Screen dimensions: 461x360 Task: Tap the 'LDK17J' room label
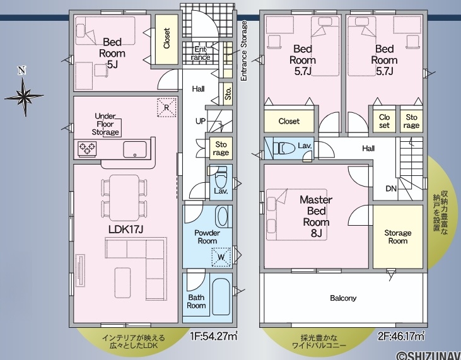point(125,229)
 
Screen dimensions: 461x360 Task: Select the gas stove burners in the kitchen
point(87,148)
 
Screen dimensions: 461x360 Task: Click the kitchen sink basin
point(135,149)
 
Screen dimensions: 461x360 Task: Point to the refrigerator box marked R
point(166,107)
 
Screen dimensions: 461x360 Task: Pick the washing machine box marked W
point(221,257)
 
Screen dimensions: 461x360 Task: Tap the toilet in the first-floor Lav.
point(221,177)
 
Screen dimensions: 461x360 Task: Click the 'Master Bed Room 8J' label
point(316,216)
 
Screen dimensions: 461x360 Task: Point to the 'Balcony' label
point(343,298)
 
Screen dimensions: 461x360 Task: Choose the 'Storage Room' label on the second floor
point(398,237)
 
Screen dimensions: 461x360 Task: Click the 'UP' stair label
point(201,121)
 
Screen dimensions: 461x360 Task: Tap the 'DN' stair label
point(391,189)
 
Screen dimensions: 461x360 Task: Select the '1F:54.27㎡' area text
point(214,335)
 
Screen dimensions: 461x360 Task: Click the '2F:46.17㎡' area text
point(402,335)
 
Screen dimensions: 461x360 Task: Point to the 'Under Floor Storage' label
point(105,124)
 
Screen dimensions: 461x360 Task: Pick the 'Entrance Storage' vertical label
point(243,51)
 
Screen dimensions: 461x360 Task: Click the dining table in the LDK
point(124,198)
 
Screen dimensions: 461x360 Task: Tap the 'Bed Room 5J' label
point(112,53)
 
